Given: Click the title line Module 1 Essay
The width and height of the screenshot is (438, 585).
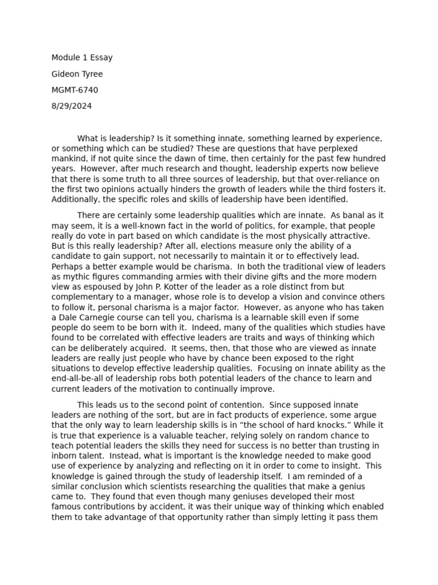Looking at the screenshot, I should click(x=82, y=58).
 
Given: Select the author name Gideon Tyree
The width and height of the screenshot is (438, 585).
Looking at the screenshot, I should click(x=77, y=74).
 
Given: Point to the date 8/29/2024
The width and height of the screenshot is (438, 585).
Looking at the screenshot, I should click(x=71, y=106).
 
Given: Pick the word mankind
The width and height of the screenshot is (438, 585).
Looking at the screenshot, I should click(x=70, y=159).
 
